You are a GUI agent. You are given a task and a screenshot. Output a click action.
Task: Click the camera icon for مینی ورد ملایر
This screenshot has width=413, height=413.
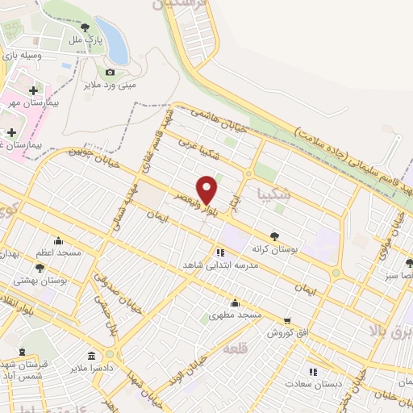[111, 72]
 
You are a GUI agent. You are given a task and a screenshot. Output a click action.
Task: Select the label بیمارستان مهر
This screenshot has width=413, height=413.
[31, 102]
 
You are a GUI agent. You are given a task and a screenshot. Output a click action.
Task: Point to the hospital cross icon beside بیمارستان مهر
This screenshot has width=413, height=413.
[32, 90]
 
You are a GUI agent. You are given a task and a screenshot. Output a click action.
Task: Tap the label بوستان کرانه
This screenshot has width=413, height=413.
[276, 249]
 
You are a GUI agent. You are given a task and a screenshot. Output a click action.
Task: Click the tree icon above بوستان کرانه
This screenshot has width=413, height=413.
[276, 236]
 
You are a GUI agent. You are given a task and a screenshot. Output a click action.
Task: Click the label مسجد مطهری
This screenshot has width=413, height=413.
[235, 315]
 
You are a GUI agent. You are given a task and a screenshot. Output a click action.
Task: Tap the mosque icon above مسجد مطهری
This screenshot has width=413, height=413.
[235, 303]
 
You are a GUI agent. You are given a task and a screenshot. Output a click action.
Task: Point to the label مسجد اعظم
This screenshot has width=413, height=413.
[57, 252]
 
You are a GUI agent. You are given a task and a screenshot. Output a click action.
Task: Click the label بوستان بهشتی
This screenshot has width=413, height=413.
[40, 280]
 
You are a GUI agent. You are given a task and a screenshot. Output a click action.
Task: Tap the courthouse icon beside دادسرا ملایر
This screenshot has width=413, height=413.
[91, 356]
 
